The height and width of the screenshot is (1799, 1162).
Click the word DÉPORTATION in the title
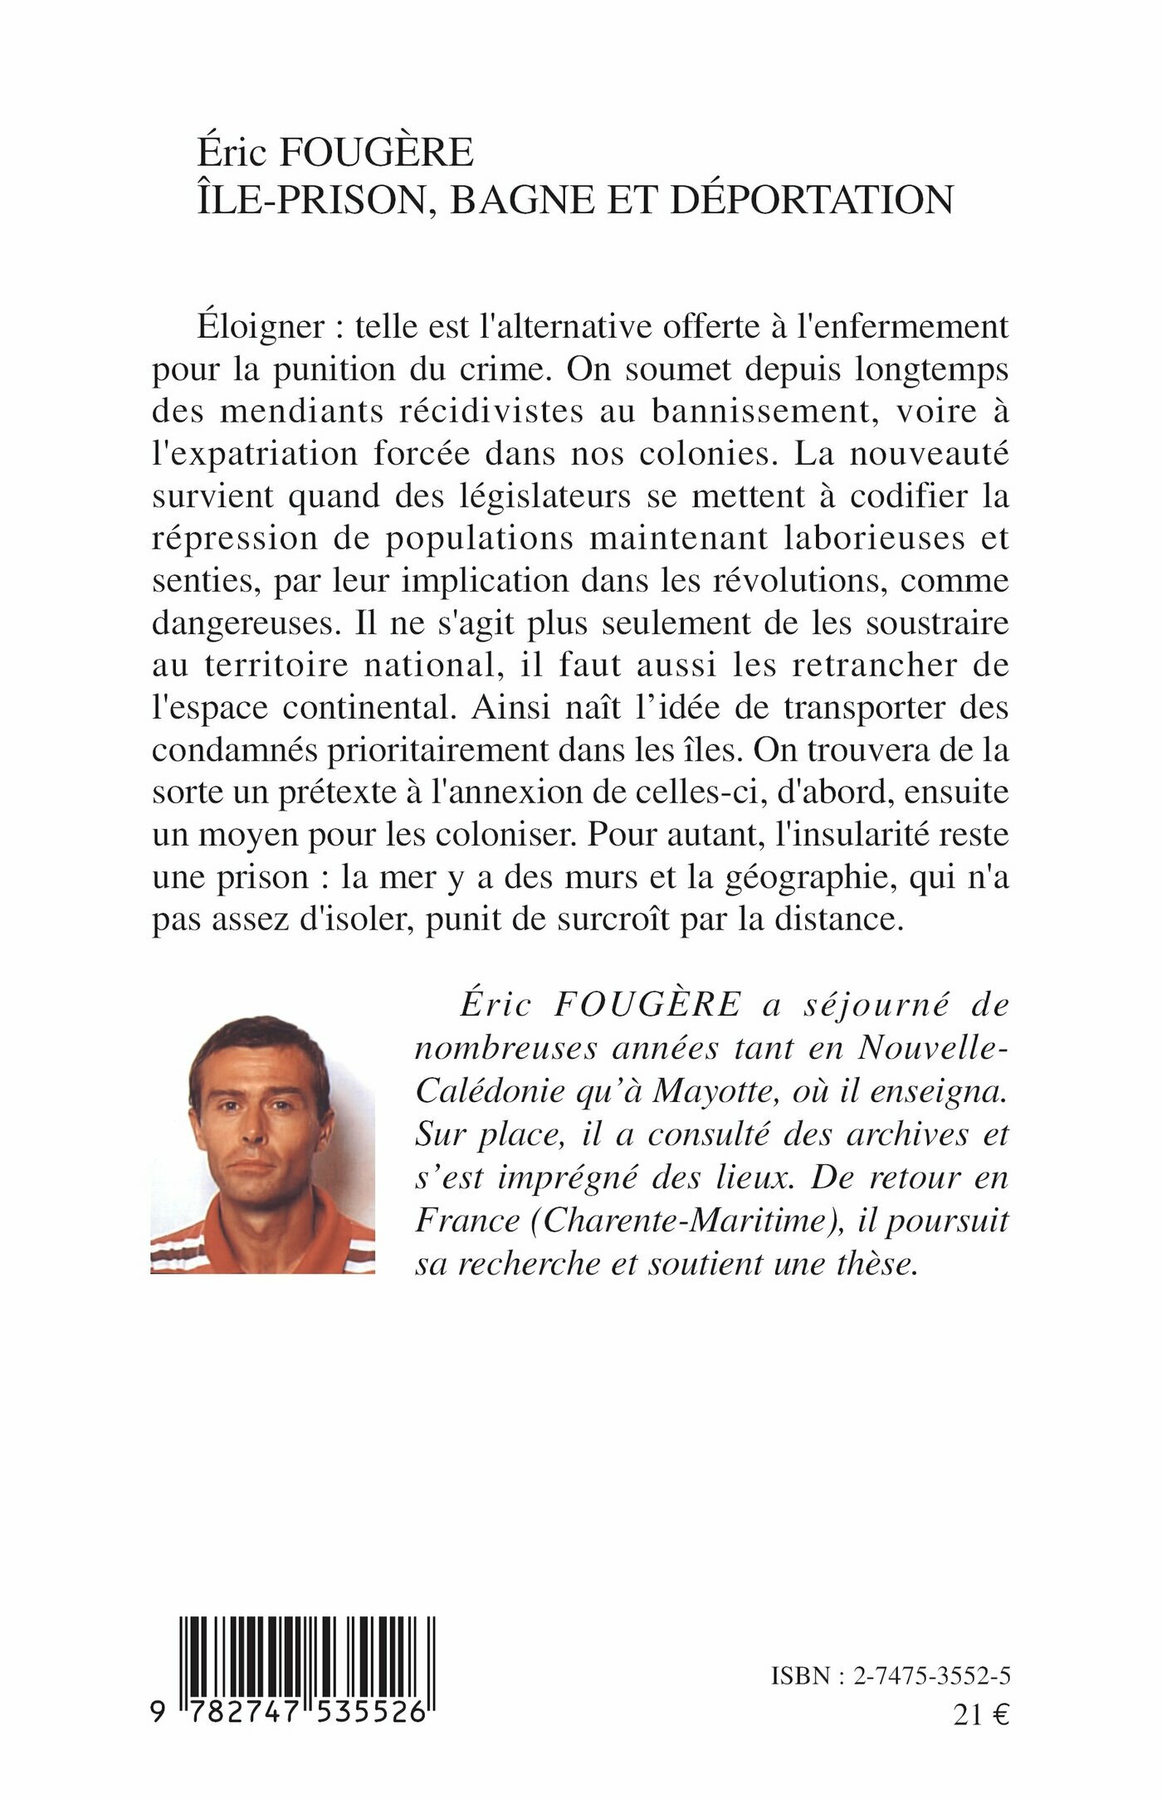pos(812,200)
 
